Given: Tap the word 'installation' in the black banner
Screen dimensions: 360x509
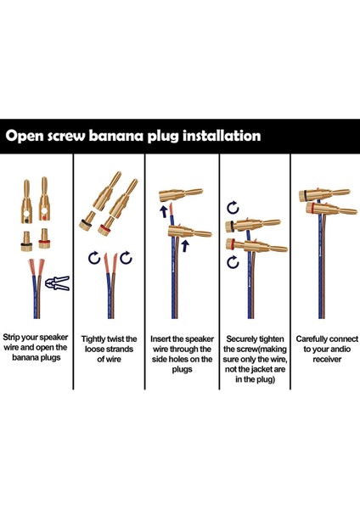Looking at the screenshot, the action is point(222,136).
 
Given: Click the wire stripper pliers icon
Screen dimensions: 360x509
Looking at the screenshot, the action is point(58,282).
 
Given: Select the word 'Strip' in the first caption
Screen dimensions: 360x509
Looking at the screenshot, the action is point(11,338).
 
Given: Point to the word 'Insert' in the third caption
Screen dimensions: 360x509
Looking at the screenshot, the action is point(160,339).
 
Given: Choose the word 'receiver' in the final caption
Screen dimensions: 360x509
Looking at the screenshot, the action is point(327,360).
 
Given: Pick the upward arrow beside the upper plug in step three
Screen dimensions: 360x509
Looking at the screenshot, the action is point(164,210).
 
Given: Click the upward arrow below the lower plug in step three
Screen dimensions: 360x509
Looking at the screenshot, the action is point(185,246).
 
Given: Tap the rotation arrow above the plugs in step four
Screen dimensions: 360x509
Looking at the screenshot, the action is point(233,208).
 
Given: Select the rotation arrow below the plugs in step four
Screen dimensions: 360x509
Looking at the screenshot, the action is point(233,261).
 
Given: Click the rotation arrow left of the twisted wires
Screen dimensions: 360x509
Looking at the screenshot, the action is point(94,258).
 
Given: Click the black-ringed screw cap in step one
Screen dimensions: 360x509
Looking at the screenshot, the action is point(26,241).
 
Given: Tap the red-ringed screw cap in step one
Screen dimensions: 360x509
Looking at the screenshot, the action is point(44,239).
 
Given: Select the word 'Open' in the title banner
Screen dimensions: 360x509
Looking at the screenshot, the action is point(25,136).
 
